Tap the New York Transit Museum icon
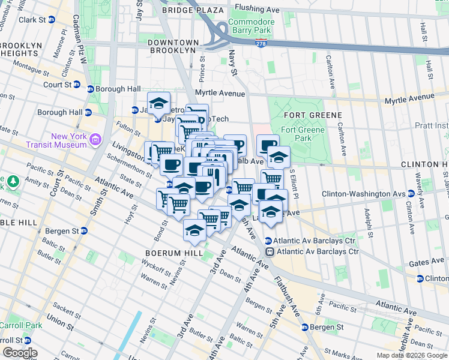(x=95, y=140)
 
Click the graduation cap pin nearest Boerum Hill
(x=195, y=231)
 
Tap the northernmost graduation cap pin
(x=158, y=103)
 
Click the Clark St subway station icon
(x=51, y=19)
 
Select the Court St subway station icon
(x=77, y=85)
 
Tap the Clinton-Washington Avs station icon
(x=411, y=194)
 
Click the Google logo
(x=19, y=352)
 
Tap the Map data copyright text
(x=412, y=355)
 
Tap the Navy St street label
(x=233, y=62)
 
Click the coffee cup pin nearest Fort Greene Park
(x=268, y=144)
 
